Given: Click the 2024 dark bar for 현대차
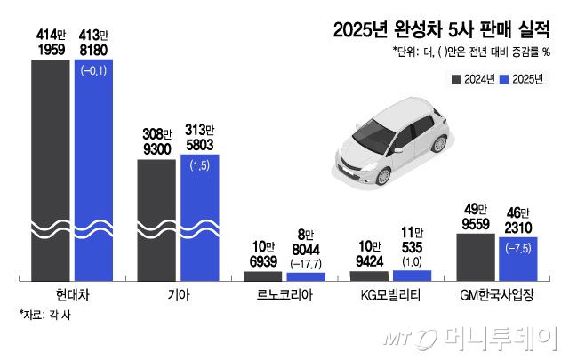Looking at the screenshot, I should pyautogui.click(x=50, y=160).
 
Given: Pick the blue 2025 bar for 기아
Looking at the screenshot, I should pyautogui.click(x=199, y=218).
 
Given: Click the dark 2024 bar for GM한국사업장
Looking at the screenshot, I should pyautogui.click(x=476, y=257).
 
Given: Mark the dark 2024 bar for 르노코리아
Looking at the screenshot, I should pyautogui.click(x=263, y=276).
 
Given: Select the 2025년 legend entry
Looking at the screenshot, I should pyautogui.click(x=523, y=79).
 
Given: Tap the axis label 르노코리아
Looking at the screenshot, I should pyautogui.click(x=284, y=294).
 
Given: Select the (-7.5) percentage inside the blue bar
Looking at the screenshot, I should pyautogui.click(x=519, y=248).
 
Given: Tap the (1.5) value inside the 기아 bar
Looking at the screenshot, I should pyautogui.click(x=199, y=165).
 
